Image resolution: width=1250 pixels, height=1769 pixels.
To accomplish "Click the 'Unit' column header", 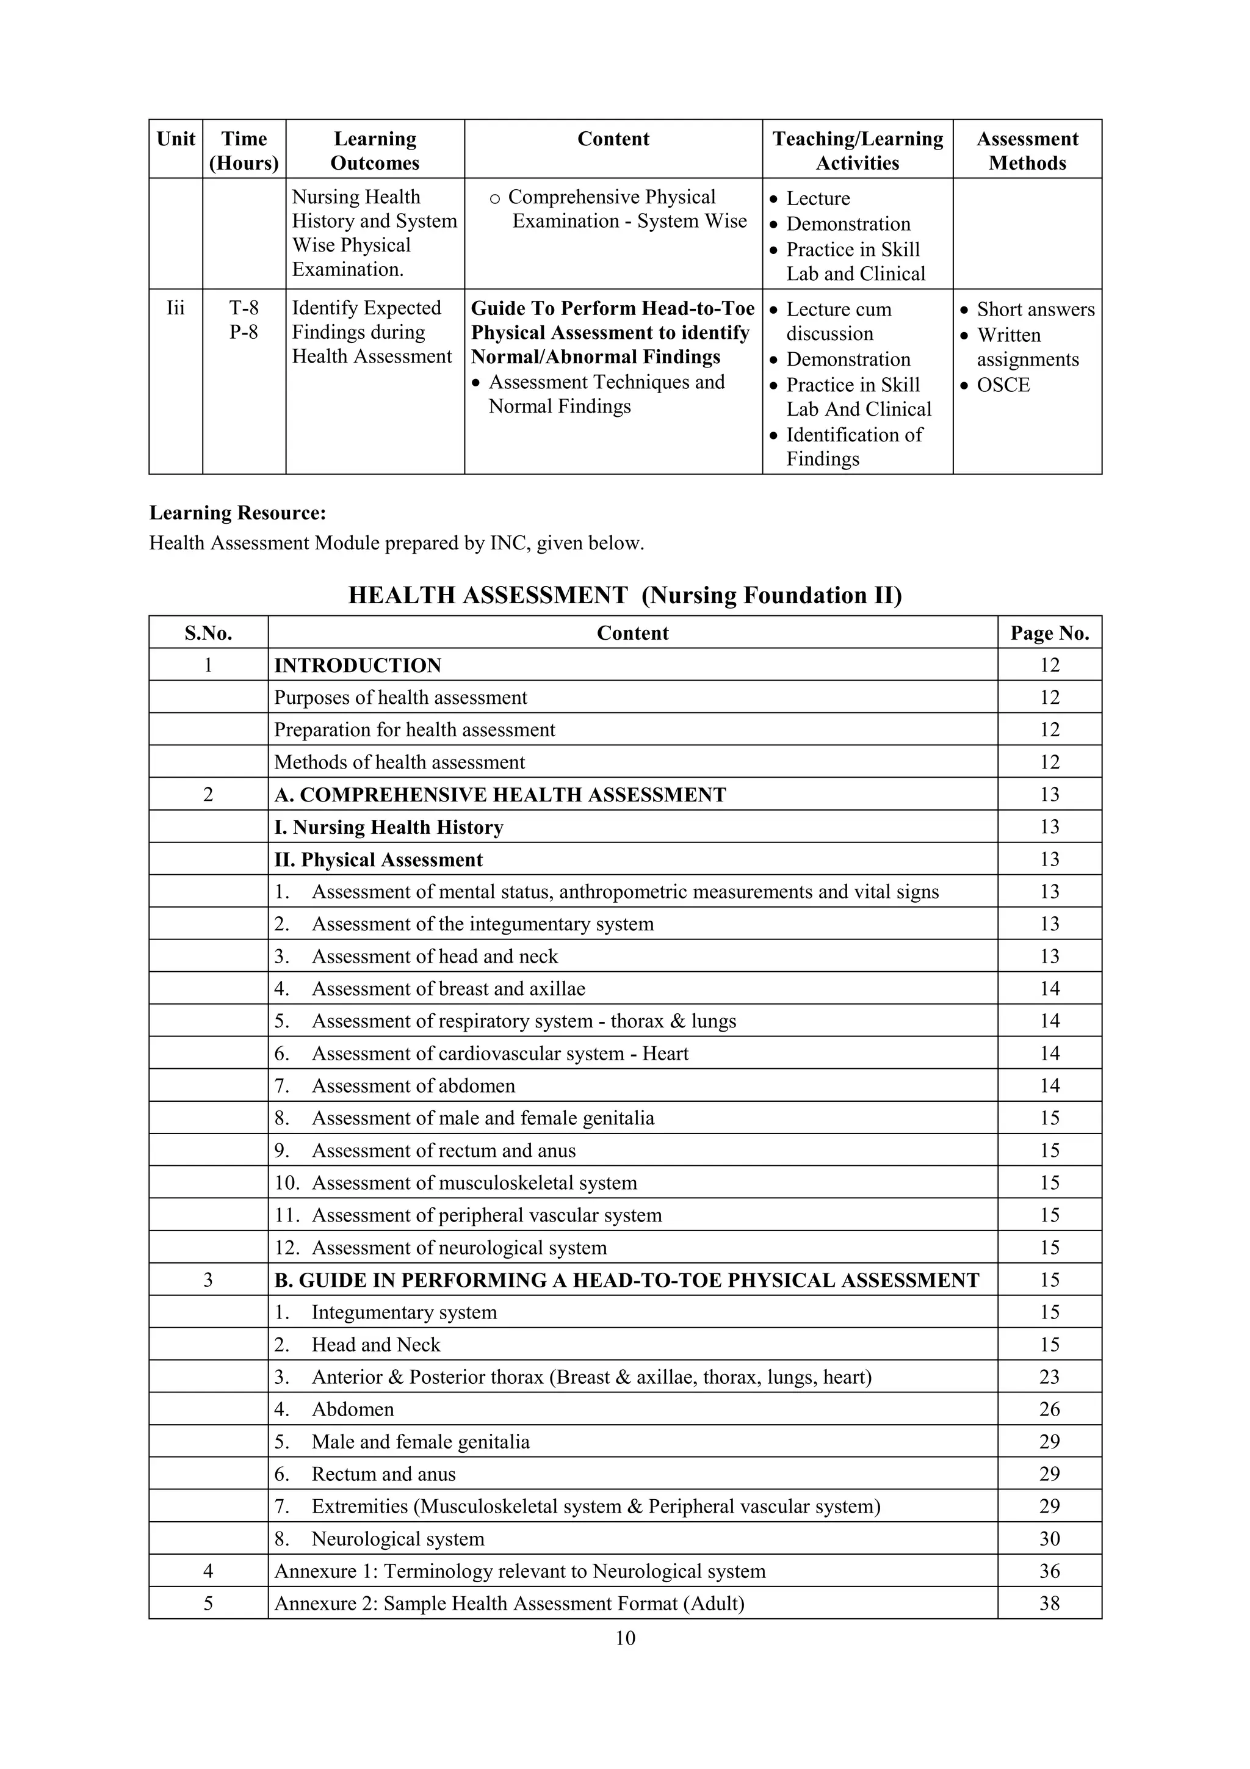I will (176, 139).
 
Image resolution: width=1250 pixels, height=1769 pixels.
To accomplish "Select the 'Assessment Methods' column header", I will (1027, 150).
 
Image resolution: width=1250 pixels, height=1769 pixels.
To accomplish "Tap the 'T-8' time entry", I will (244, 308).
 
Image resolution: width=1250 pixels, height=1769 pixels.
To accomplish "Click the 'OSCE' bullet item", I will (1002, 385).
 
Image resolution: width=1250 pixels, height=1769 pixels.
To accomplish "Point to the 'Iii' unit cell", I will (176, 308).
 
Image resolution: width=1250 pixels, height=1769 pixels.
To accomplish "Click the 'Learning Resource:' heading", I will (237, 513).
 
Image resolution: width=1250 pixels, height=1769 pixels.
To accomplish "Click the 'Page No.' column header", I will (1049, 634).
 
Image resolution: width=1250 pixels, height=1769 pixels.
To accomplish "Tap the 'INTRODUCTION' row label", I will (358, 666).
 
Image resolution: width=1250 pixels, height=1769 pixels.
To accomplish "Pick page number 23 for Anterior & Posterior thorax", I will (1049, 1377).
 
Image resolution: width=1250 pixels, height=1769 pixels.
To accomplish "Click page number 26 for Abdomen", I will (1049, 1409).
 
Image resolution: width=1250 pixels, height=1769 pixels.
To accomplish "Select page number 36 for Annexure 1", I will (1049, 1571).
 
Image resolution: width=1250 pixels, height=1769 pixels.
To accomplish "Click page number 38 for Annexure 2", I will (1049, 1604).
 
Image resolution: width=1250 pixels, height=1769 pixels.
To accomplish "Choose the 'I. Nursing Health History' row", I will (389, 828).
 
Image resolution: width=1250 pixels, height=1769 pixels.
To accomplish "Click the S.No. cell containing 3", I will (208, 1280).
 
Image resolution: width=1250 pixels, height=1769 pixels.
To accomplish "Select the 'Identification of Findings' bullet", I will (853, 447).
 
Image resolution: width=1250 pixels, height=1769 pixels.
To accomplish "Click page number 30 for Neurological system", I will (1049, 1539).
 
